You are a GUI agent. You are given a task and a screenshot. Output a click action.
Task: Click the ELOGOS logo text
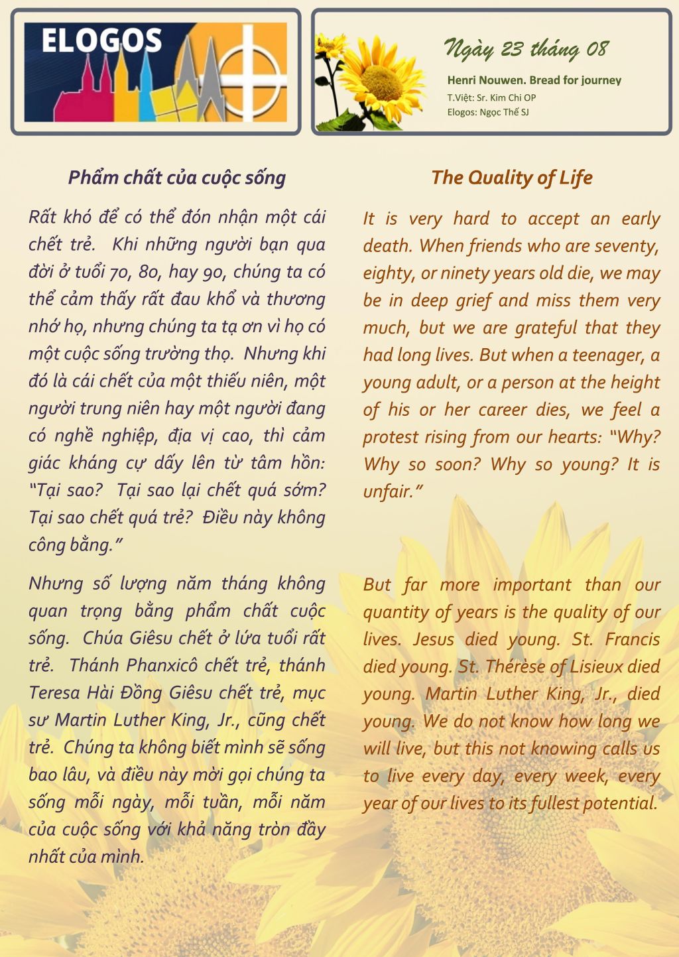point(101,41)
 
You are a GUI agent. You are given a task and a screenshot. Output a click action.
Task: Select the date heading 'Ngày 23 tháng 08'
point(526,49)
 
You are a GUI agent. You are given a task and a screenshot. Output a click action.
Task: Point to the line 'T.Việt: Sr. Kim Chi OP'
point(491,97)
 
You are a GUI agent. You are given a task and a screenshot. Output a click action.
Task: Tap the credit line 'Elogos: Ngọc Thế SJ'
point(488,112)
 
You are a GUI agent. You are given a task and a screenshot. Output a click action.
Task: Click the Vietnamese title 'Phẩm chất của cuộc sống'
point(177,178)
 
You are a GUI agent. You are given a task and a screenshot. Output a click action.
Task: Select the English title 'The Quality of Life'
point(511,178)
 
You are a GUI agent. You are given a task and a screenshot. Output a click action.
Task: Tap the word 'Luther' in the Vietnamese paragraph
point(139,720)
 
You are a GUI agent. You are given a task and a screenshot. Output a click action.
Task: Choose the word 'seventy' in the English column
point(625,246)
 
